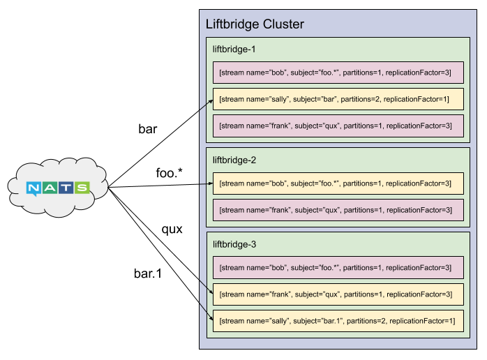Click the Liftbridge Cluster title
click(x=255, y=24)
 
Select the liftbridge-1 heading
click(x=234, y=50)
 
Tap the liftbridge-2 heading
click(x=234, y=160)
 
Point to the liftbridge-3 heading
click(x=234, y=244)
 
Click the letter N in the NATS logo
click(x=35, y=188)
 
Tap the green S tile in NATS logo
click(x=82, y=188)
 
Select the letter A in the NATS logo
click(x=51, y=188)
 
